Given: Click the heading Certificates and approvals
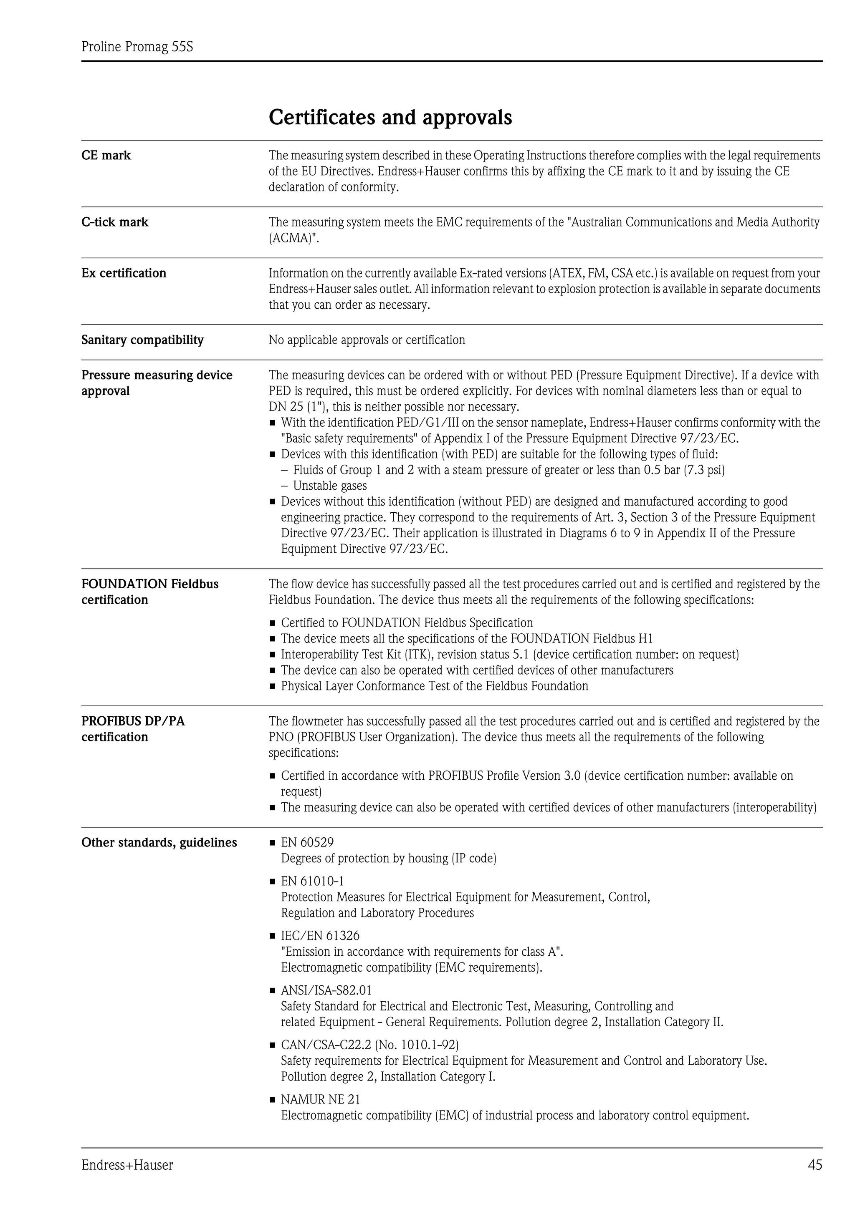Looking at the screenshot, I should [x=390, y=117].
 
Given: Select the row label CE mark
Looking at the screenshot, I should [x=106, y=155].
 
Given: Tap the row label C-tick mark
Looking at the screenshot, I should [x=115, y=222].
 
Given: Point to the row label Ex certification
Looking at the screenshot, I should [x=124, y=273].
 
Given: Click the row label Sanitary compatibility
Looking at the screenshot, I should [x=142, y=340].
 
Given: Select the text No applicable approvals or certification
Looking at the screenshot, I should [x=367, y=340].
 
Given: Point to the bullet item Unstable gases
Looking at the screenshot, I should [x=330, y=486].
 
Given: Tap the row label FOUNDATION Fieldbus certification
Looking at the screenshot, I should [x=149, y=592].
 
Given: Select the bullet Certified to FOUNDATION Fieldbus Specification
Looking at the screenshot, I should [x=407, y=623].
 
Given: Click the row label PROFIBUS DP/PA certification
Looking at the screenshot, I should [x=133, y=729].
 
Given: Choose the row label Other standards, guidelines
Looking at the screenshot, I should [x=159, y=843].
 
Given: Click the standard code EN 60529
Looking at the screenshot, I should [x=307, y=843].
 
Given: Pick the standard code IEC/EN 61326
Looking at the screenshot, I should [x=320, y=936].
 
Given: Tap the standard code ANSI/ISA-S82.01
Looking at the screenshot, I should [x=326, y=990].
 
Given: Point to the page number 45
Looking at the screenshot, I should [x=815, y=1165].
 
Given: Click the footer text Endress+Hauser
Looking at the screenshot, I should [x=127, y=1166].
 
